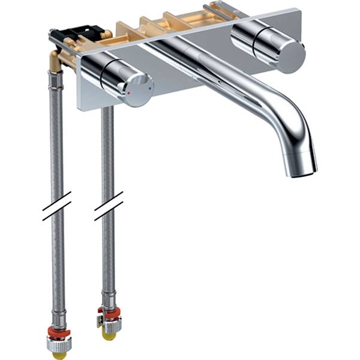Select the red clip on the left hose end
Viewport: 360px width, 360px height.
coord(58,332)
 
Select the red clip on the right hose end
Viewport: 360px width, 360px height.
coord(109,313)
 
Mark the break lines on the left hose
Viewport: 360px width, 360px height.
coord(57,206)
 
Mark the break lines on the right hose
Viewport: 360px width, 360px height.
coord(109,206)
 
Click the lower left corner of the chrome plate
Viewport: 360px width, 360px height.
coord(78,109)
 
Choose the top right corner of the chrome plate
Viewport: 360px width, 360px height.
coord(298,10)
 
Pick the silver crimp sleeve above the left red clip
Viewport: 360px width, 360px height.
coord(58,317)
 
